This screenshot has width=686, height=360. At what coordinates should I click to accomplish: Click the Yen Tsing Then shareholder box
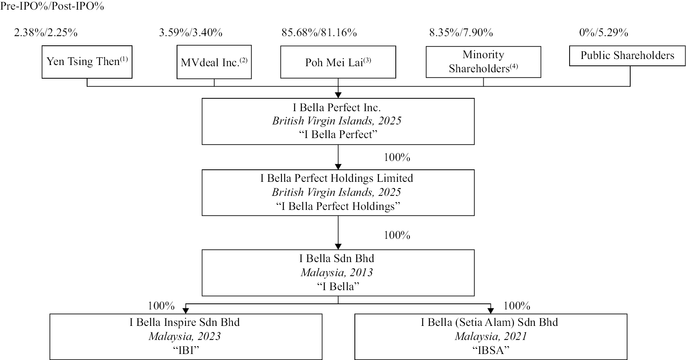tap(87, 62)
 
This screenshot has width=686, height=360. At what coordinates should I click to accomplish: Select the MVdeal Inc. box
tap(214, 62)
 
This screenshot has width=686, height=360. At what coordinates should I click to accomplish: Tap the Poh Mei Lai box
tap(338, 62)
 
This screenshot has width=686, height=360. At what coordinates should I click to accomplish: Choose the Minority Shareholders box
tap(483, 62)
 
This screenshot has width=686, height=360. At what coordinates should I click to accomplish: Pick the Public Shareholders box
tap(627, 56)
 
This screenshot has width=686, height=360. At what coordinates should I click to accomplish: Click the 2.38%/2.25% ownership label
tap(46, 33)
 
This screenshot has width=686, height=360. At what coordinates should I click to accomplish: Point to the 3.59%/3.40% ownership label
tap(191, 33)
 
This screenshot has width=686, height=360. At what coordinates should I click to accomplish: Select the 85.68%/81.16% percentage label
tap(319, 33)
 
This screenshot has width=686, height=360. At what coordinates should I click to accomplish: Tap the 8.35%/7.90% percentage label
tap(461, 33)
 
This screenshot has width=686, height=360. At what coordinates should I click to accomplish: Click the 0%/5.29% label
tap(603, 33)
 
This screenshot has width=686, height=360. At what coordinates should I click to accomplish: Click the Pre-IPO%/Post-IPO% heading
tap(53, 6)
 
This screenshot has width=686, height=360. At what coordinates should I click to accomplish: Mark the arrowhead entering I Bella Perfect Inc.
tap(338, 95)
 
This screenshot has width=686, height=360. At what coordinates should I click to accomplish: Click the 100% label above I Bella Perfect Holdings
tap(397, 157)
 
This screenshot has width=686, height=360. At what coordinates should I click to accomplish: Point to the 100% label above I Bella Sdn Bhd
tap(397, 235)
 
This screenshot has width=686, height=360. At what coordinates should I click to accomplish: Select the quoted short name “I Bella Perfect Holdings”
tap(338, 206)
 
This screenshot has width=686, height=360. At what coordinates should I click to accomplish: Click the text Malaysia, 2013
tap(337, 273)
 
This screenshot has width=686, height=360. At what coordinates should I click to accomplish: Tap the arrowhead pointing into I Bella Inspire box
tap(185, 310)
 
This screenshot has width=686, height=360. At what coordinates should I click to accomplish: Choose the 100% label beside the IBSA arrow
tap(517, 306)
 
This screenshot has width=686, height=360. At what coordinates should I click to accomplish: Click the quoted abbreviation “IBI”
tap(186, 350)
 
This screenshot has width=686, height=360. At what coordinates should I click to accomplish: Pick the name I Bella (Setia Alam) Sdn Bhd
tap(489, 322)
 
